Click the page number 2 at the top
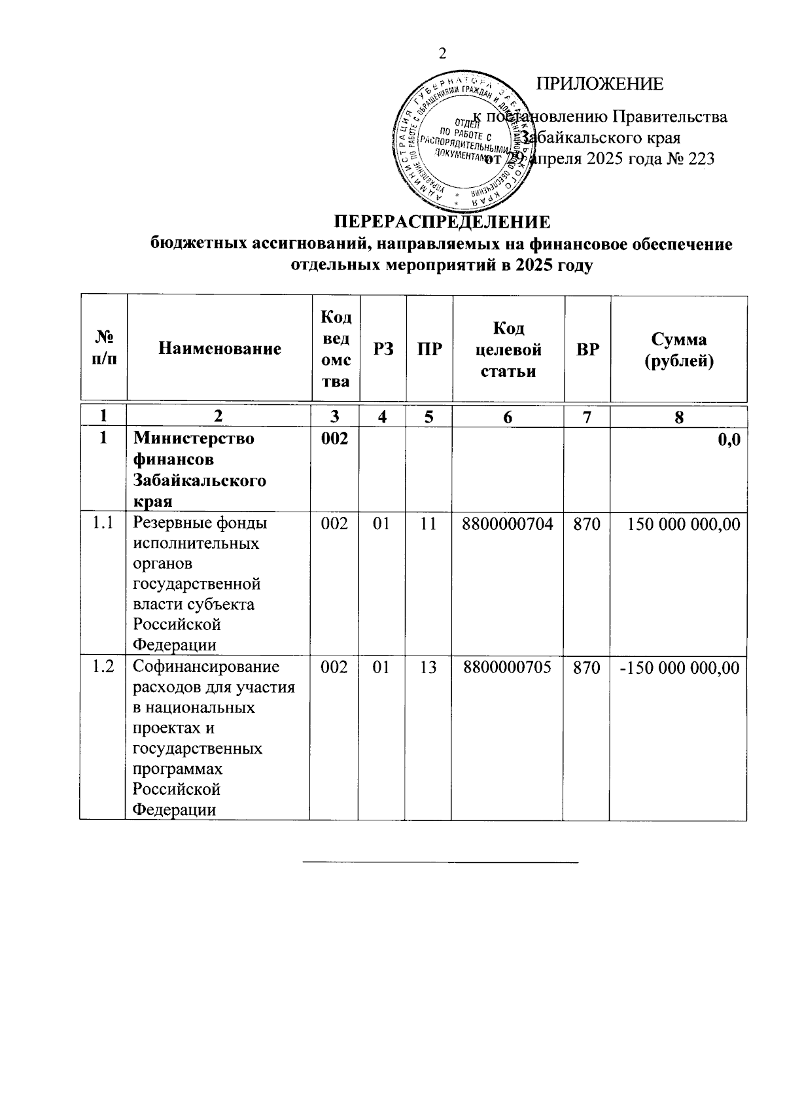coord(442,54)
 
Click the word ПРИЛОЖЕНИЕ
coord(599,84)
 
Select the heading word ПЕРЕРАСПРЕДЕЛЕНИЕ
coord(442,221)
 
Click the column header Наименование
coord(219,349)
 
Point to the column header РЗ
coord(383,349)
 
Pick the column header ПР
coord(430,349)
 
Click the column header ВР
coord(587,349)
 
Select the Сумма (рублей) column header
coord(678,349)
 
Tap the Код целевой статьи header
coord(508,349)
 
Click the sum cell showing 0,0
coord(728,440)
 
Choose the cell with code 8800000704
coord(508,523)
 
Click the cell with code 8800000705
coord(508,667)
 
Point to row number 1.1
coord(103,523)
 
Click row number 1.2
coord(103,667)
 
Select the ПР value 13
coord(428,667)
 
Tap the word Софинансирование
coord(206,667)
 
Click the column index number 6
coord(508,417)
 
